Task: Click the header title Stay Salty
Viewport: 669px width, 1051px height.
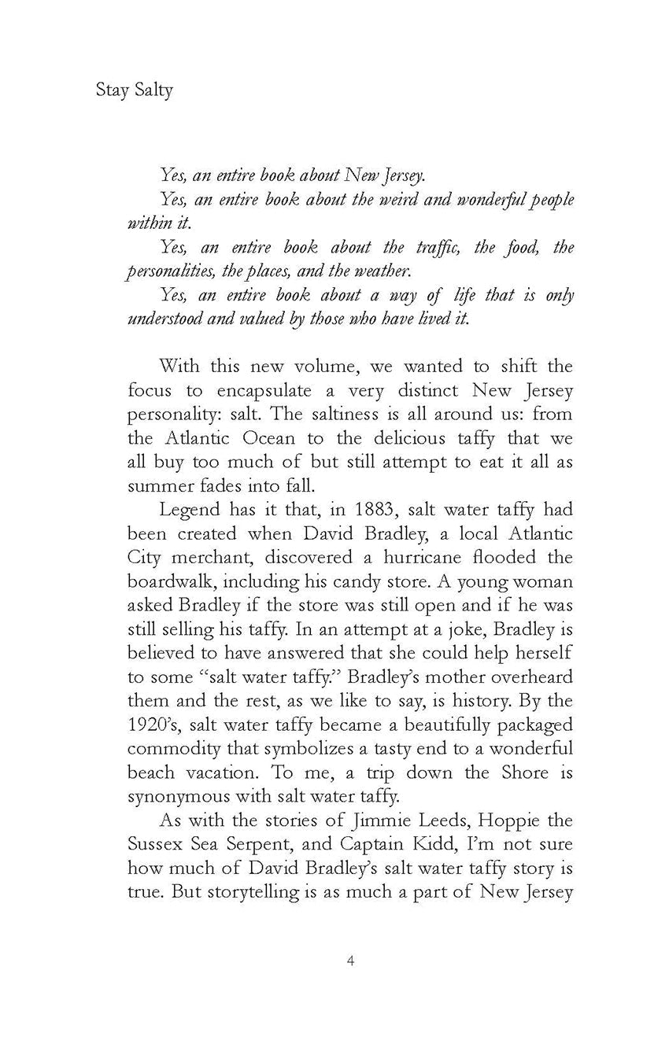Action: point(134,90)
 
